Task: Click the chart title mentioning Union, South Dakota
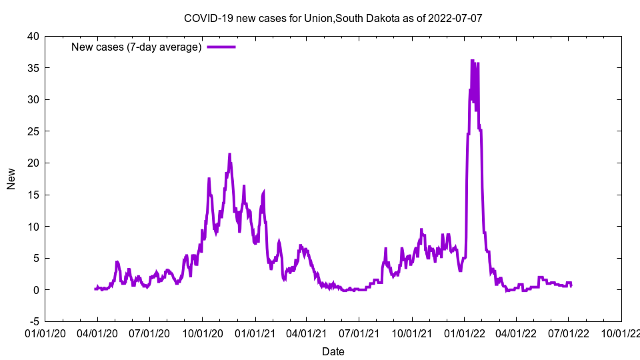pos(333,18)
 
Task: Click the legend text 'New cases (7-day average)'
pos(136,47)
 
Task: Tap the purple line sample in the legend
pos(221,47)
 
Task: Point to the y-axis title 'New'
pos(11,179)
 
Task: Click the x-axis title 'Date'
pos(333,351)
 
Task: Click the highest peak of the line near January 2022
pos(472,61)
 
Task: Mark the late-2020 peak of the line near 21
pos(229,155)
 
